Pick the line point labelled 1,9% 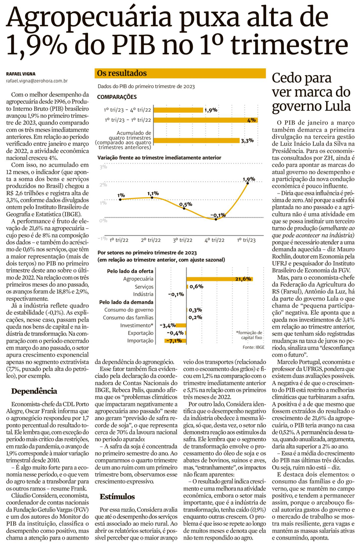(x=249, y=183)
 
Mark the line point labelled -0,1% (x=216, y=219)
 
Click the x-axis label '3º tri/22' (x=182, y=240)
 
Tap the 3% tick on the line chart (x=103, y=167)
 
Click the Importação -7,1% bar (x=176, y=340)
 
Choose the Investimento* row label (x=140, y=326)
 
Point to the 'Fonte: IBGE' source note (x=255, y=347)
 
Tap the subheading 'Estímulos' (x=117, y=497)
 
